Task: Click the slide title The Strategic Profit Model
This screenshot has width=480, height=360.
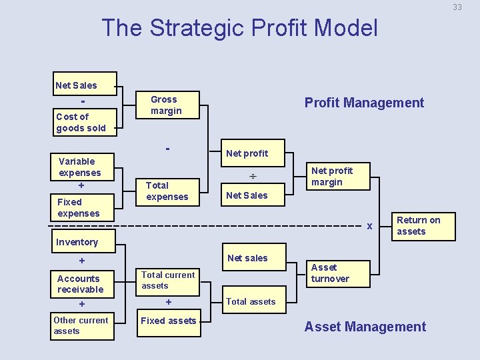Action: pyautogui.click(x=239, y=28)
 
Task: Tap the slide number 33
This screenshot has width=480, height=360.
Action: pyautogui.click(x=457, y=7)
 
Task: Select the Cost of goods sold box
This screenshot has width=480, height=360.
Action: pyautogui.click(x=85, y=122)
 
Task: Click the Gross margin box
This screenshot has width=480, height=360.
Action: pyautogui.click(x=167, y=105)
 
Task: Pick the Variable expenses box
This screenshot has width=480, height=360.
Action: pyautogui.click(x=82, y=167)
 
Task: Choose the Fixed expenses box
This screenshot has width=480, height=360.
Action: pyautogui.click(x=82, y=207)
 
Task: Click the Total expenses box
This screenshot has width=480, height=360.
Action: pyautogui.click(x=168, y=191)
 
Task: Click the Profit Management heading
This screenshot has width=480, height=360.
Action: pyautogui.click(x=364, y=103)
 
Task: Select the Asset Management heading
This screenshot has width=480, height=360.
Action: pyautogui.click(x=365, y=327)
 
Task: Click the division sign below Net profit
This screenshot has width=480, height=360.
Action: pyautogui.click(x=253, y=177)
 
